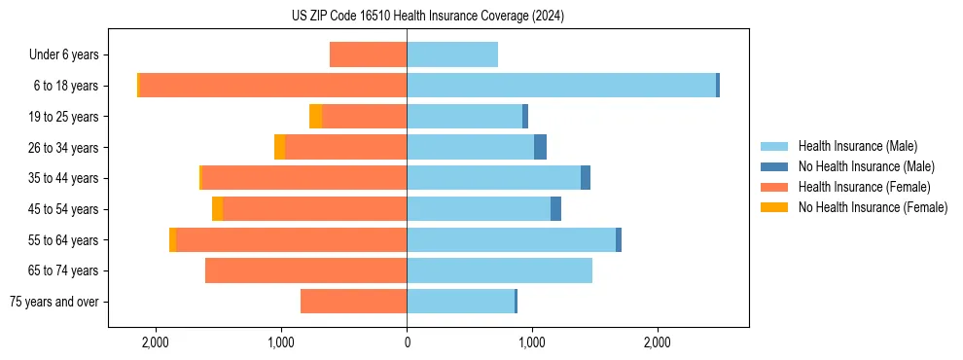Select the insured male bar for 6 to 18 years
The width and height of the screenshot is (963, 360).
(x=561, y=86)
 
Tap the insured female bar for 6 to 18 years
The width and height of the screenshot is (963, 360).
(x=272, y=86)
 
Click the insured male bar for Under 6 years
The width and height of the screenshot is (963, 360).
(x=452, y=54)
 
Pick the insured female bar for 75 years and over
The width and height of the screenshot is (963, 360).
(x=353, y=302)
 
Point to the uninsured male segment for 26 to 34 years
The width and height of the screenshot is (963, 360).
(x=540, y=147)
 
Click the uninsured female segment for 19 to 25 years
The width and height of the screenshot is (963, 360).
(x=315, y=117)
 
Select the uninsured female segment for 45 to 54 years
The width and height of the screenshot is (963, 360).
(x=217, y=209)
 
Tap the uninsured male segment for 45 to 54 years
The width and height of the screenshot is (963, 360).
(x=555, y=209)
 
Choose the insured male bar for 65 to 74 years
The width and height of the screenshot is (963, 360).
(x=499, y=270)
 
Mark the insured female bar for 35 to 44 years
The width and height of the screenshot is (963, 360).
(x=303, y=178)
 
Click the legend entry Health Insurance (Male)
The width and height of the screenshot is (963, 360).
(x=857, y=146)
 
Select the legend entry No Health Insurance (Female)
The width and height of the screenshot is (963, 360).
(x=873, y=207)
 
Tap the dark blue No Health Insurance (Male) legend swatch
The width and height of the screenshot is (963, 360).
(x=774, y=166)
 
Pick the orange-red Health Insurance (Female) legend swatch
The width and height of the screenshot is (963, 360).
(x=774, y=187)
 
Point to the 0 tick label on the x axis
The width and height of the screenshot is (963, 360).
(x=407, y=343)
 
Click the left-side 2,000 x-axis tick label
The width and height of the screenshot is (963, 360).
(x=156, y=343)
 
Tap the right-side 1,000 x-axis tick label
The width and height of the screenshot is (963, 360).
(x=532, y=343)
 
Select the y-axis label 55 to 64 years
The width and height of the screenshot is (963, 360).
(x=64, y=240)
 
